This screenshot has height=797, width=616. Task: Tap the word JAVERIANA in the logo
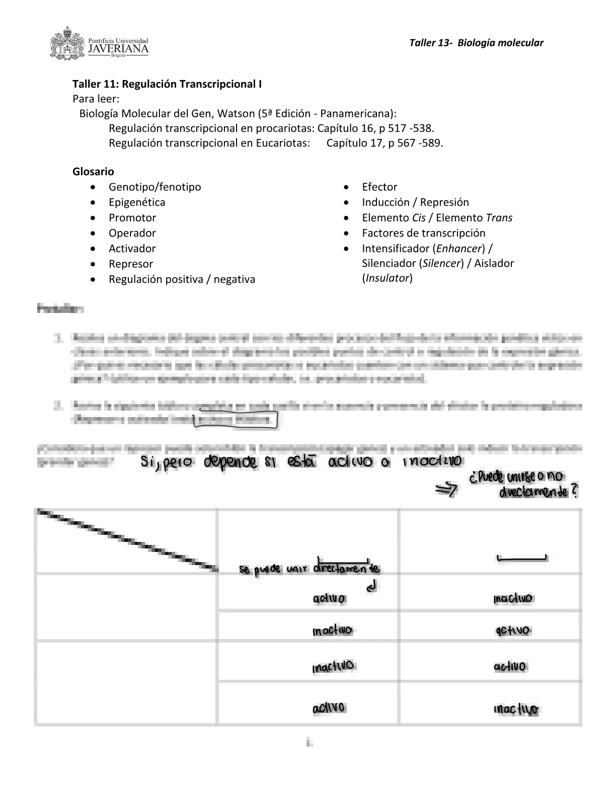[118, 49]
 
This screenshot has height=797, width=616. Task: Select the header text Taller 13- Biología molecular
[476, 43]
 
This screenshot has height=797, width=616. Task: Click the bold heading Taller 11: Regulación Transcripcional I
[167, 84]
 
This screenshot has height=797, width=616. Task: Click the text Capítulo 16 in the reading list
[346, 128]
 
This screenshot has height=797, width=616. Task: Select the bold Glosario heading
[93, 172]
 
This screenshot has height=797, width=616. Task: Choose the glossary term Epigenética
[137, 202]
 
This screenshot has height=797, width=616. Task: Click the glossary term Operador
[132, 233]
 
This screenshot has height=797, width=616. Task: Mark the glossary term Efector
[379, 187]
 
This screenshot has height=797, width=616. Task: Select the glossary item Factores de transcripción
[424, 233]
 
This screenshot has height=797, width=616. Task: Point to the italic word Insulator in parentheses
[387, 278]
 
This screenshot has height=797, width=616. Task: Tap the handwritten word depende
[229, 462]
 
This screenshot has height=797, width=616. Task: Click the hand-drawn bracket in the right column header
[522, 557]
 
